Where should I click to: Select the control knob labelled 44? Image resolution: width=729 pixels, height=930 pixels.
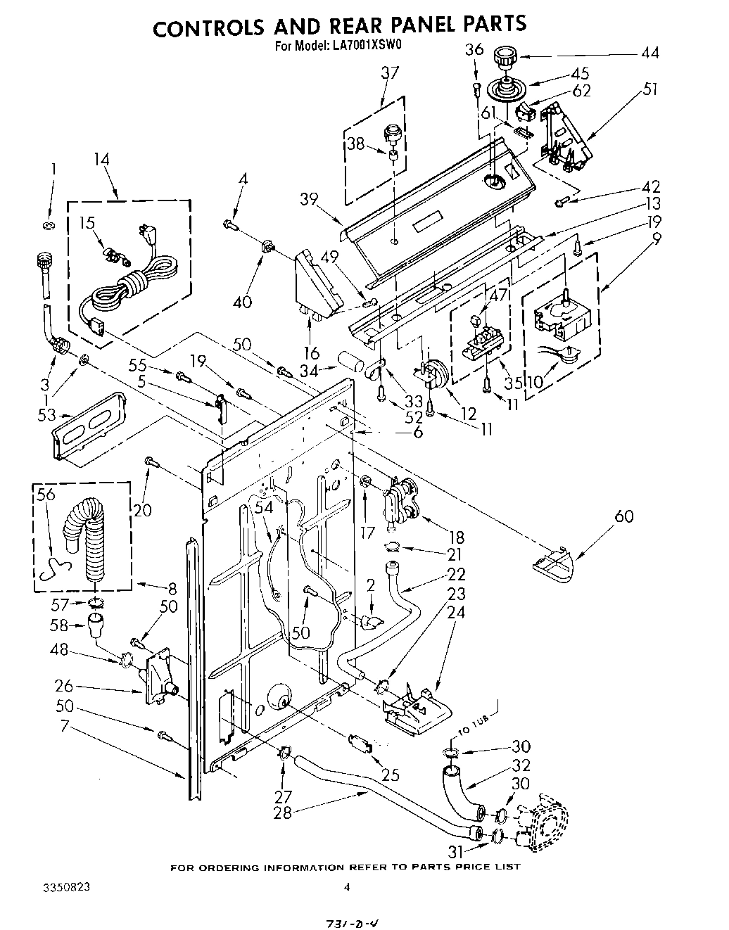coord(504,56)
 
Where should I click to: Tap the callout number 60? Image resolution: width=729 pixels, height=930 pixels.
coord(623,516)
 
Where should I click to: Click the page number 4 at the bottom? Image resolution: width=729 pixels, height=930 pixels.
coord(346,887)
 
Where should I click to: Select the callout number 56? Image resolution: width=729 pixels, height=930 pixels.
coord(46,495)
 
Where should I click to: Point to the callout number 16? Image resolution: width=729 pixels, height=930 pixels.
coord(312,352)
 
